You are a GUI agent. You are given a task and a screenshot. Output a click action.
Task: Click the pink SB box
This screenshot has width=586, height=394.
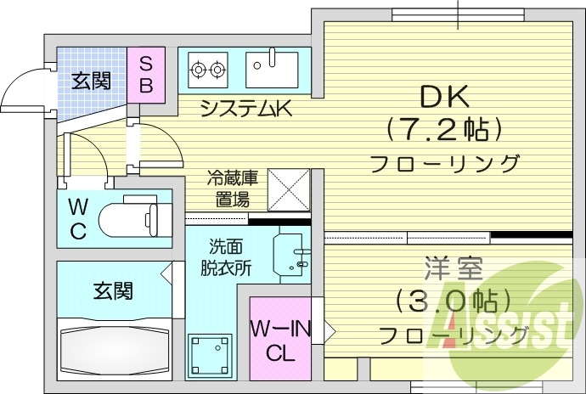coord(145,74)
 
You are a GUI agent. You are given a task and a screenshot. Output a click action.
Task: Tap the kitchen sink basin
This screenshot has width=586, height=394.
coord(272,68)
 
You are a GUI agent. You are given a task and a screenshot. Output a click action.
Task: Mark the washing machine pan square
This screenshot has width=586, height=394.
coord(211,355)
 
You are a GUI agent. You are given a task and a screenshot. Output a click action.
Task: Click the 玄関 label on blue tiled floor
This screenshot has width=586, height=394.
coord(90,81)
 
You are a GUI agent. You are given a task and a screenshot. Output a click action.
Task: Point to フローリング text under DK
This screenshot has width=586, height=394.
coord(444,163)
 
